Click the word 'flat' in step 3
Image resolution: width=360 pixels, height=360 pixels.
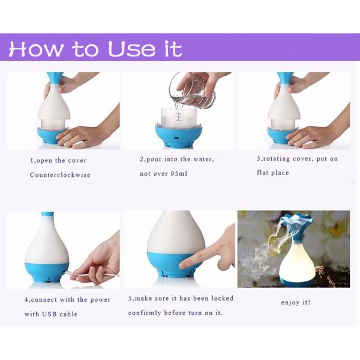click(x=264, y=173)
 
